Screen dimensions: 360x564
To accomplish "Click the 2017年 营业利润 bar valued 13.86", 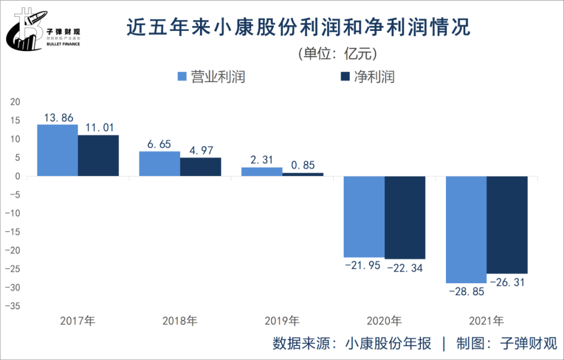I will (57, 150).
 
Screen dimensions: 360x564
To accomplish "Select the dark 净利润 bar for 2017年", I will (99, 156).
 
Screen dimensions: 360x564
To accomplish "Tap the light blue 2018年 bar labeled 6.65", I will (159, 164).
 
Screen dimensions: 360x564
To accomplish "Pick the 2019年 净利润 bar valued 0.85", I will (303, 175).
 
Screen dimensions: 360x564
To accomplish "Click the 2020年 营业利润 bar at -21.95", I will (364, 217).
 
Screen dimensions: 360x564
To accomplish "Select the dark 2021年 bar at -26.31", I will (507, 225).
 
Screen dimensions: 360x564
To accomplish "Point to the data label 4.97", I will (201, 150).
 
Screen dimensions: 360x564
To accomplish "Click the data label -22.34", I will (404, 269).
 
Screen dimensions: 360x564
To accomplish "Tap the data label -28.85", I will (466, 292).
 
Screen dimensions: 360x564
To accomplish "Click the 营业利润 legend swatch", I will (182, 77).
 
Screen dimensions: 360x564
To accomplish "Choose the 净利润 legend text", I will (374, 77).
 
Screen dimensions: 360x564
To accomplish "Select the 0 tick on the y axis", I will (17, 177).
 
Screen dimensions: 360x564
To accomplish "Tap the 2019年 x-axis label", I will (282, 321).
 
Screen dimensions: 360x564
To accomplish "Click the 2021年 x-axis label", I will (486, 321).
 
